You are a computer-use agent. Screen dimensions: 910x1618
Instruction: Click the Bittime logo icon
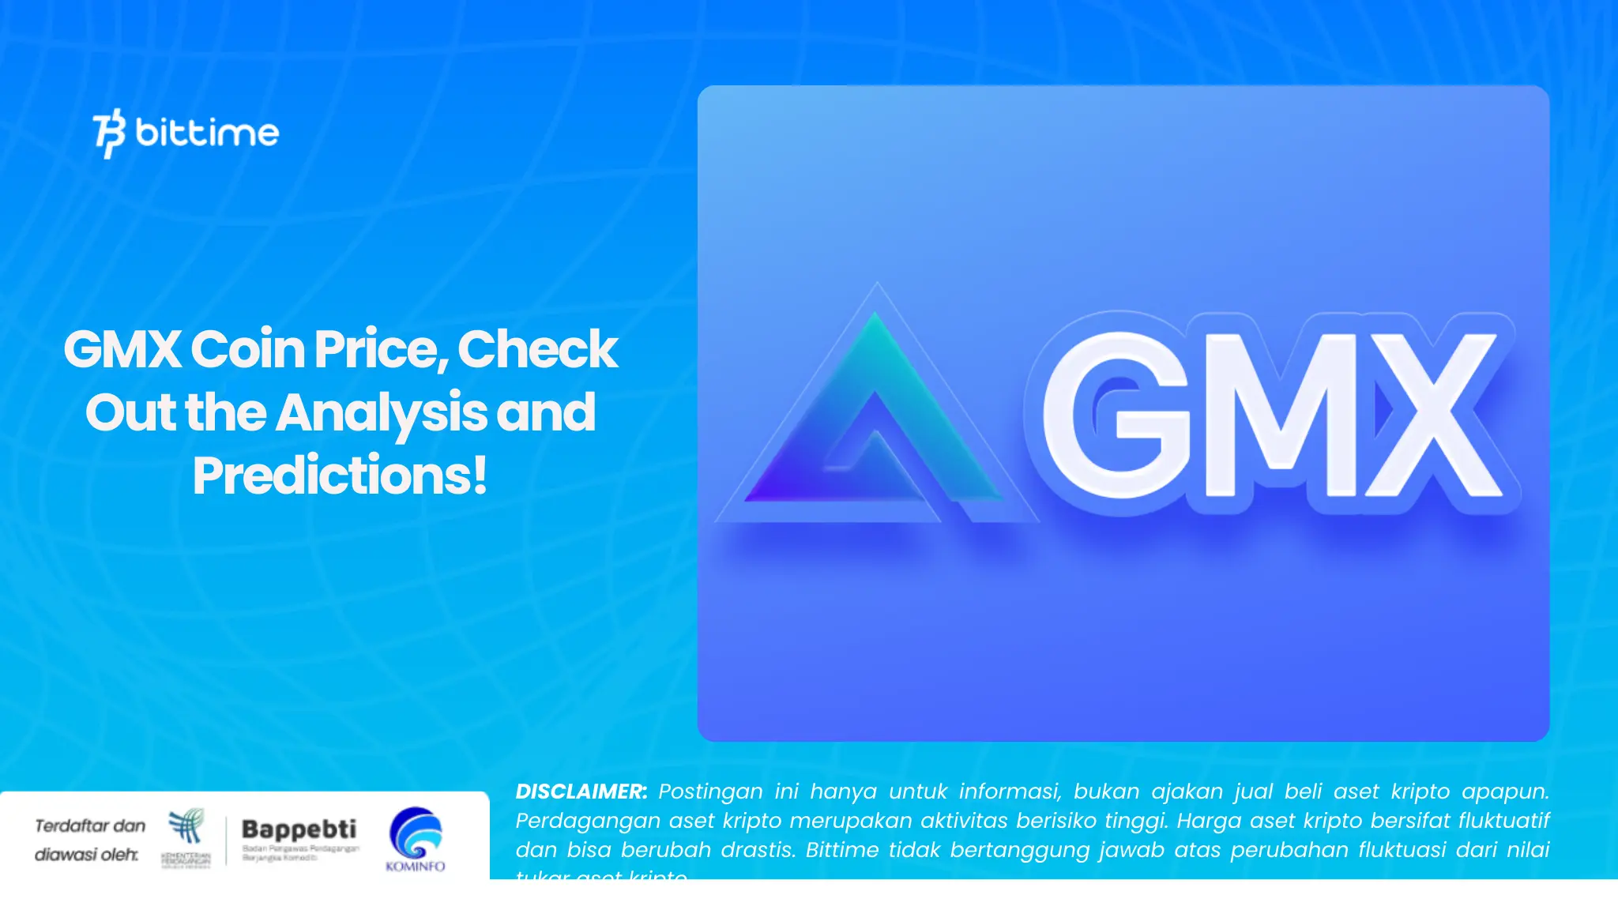pos(109,133)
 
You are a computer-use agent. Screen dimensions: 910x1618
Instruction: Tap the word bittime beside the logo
pos(207,132)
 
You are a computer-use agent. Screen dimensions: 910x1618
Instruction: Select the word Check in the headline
pos(537,349)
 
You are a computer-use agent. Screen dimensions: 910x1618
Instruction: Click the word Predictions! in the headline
pos(340,476)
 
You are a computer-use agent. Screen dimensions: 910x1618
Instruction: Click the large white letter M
pos(1280,415)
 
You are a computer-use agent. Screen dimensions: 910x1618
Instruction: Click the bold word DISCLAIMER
pos(581,792)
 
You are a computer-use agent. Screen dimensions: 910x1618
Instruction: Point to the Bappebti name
pos(299,829)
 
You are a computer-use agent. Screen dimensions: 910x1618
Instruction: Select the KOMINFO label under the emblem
pos(416,867)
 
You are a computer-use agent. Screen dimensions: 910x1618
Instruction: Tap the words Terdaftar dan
pos(90,826)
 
